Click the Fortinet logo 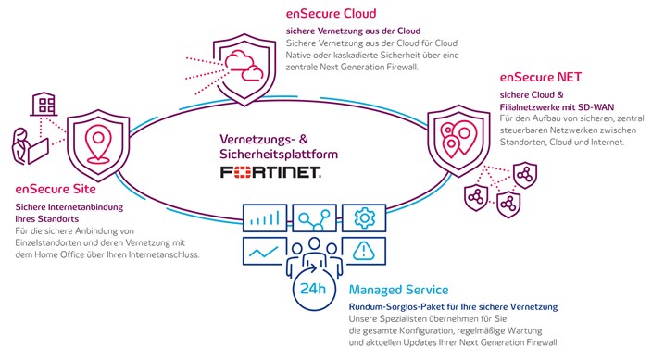tap(270, 173)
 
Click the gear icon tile tap(364, 217)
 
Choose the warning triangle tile tap(364, 251)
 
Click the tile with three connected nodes tap(314, 217)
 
